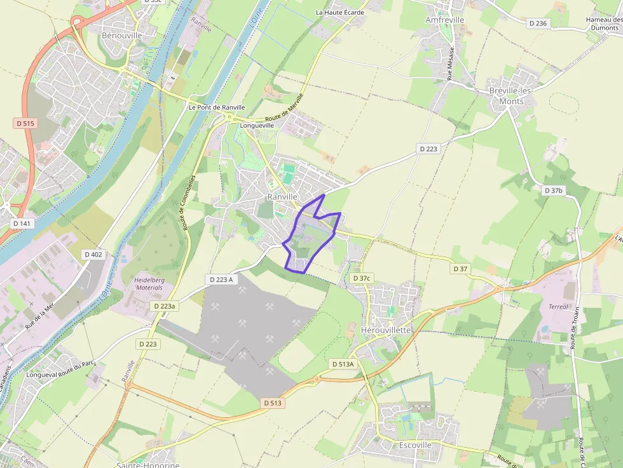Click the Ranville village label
tap(282, 197)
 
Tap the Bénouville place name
tap(122, 36)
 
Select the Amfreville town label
tap(444, 20)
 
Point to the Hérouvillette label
tap(386, 330)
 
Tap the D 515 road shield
tap(24, 123)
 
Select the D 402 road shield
tap(93, 254)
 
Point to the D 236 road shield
tap(537, 23)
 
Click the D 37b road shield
tap(554, 191)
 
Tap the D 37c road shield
tap(361, 278)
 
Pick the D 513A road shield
tap(343, 364)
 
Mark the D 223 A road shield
tap(221, 279)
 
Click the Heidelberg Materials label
tap(149, 283)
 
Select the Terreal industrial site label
tap(558, 307)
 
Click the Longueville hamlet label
tap(257, 125)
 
